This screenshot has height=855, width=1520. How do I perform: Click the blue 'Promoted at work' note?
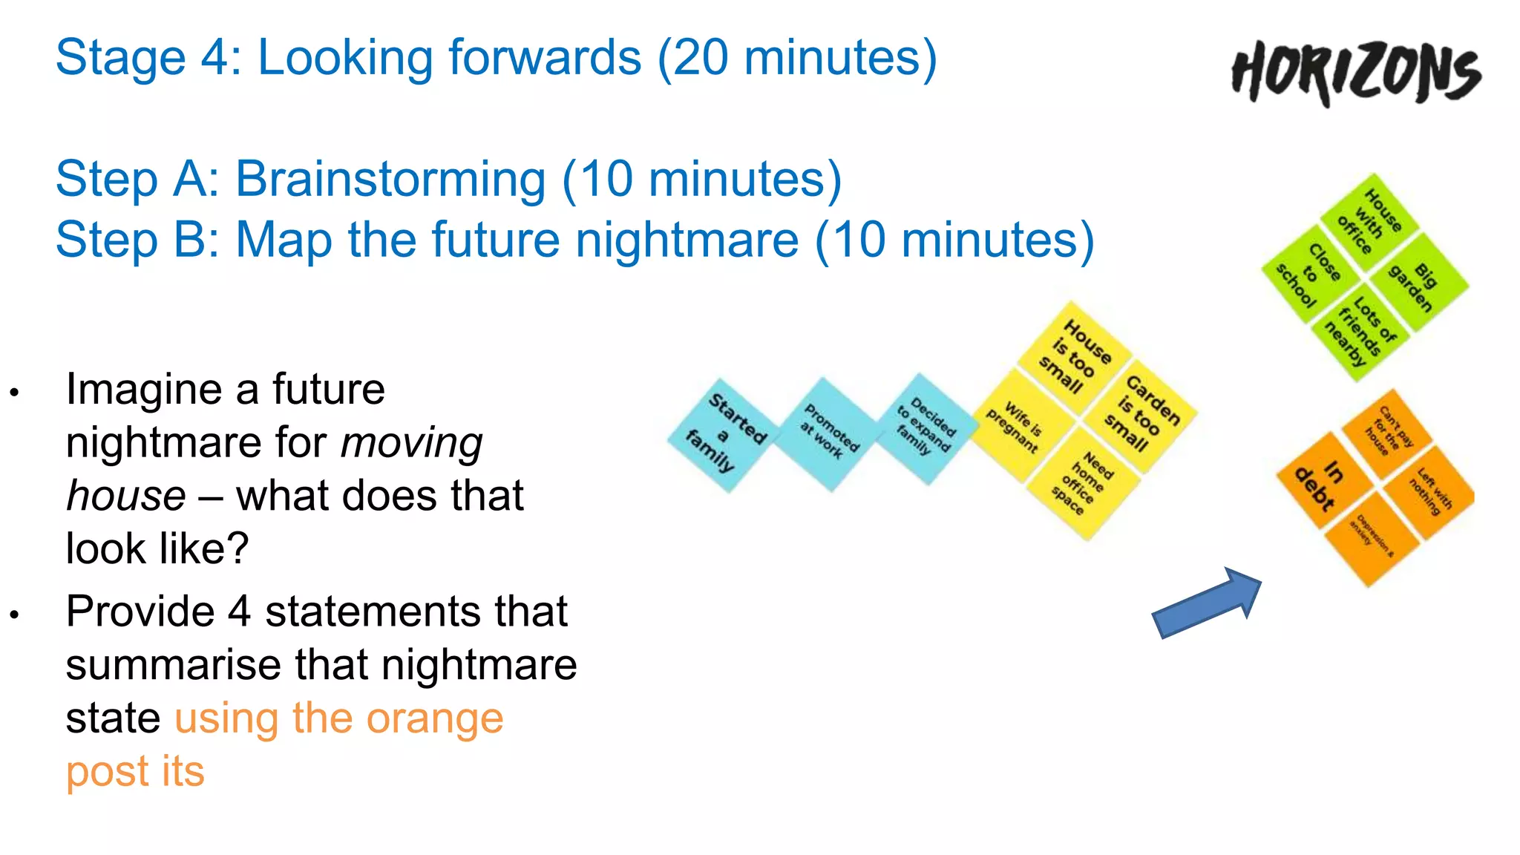click(828, 433)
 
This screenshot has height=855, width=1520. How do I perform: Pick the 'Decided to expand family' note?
click(925, 427)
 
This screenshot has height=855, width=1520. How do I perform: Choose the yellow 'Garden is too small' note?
click(1139, 414)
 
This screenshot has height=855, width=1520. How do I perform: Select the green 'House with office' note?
click(1370, 220)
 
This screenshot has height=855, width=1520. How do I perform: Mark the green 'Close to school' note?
click(1310, 274)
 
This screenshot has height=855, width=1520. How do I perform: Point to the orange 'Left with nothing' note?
click(1429, 491)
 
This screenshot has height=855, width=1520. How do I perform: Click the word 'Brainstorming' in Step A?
click(390, 180)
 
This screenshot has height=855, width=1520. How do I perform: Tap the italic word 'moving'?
click(411, 443)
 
